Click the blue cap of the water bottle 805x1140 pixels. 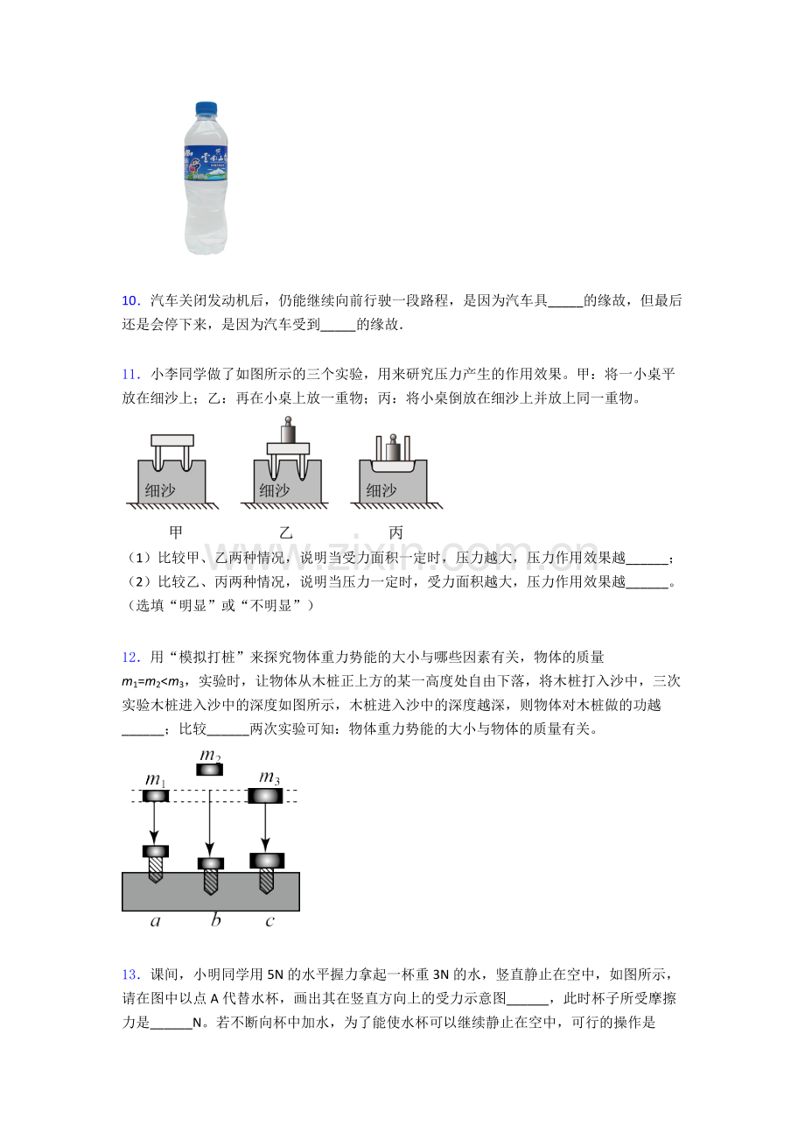point(206,109)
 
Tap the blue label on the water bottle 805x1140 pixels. point(206,162)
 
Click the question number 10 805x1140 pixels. point(131,301)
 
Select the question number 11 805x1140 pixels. point(131,375)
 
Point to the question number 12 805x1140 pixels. point(131,658)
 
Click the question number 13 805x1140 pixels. point(131,975)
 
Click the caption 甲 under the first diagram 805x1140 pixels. point(176,532)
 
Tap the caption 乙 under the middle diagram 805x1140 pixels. point(286,532)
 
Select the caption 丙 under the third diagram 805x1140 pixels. point(395,532)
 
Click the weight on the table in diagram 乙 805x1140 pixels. point(289,431)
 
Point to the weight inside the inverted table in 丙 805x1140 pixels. point(393,448)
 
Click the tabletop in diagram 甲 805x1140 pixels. point(172,440)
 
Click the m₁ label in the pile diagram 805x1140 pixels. point(156,779)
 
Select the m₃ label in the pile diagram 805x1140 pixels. point(269,778)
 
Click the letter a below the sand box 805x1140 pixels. point(156,920)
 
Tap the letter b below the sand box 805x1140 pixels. point(215,919)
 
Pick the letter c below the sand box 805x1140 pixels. point(270,920)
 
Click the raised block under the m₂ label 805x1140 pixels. point(209,770)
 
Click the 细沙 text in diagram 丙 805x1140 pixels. point(381,490)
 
